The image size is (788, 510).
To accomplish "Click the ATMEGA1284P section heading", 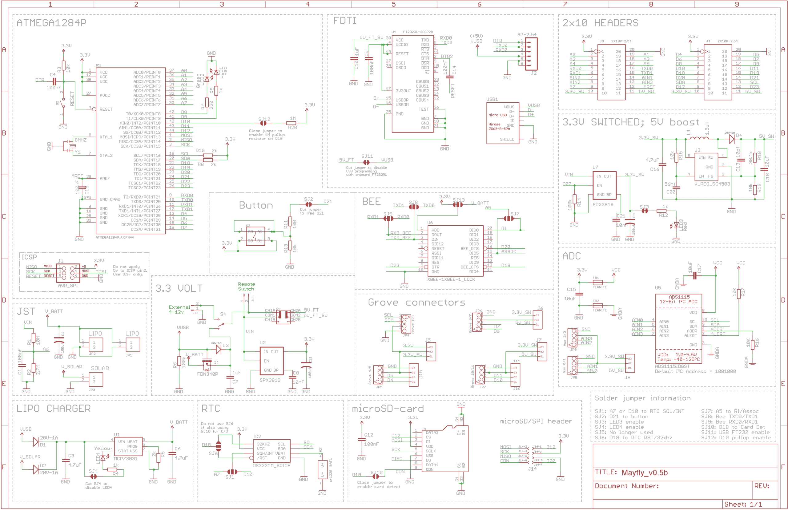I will (x=51, y=22).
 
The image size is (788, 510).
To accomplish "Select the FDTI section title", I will (x=344, y=21).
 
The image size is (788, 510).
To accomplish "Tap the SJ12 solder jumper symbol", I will (x=263, y=123).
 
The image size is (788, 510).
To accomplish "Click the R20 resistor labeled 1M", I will (x=292, y=123).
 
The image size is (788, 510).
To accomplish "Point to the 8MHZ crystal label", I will (x=80, y=140).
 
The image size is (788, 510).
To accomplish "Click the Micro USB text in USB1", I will (x=497, y=115).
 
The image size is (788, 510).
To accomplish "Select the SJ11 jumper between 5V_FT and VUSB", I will (x=366, y=162).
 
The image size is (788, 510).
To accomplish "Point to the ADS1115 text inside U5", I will (x=679, y=297).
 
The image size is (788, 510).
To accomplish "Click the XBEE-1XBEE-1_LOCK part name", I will (x=451, y=279).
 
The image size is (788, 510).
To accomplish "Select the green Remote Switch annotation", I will (x=246, y=287).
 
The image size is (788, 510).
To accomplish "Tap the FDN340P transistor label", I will (x=207, y=374).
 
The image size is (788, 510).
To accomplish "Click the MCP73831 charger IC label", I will (x=126, y=458).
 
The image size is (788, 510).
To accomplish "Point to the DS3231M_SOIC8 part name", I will (x=271, y=465).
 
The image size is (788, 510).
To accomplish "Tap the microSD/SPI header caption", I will (x=536, y=421).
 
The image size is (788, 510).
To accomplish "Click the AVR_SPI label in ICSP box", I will (x=68, y=285).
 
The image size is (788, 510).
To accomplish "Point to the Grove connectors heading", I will (x=416, y=302).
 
